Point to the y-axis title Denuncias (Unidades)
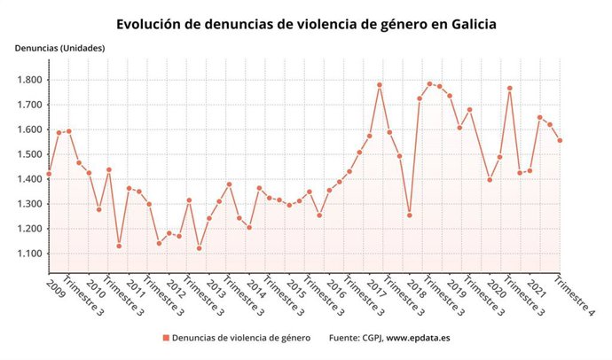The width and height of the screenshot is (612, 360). [x=59, y=48]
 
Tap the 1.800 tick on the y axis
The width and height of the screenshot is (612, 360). [x=29, y=80]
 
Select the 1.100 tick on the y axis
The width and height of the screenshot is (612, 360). [x=29, y=254]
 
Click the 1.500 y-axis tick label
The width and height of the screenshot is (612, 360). [x=29, y=154]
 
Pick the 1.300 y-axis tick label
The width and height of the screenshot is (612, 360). [x=29, y=204]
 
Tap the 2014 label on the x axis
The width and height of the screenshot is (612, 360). [x=258, y=287]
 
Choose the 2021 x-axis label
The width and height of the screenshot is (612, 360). [x=538, y=287]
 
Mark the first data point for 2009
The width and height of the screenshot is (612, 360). [x=49, y=174]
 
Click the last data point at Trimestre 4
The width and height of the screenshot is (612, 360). [x=561, y=140]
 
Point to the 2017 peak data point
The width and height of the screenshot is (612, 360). [x=380, y=85]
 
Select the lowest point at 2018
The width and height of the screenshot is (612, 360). [x=410, y=215]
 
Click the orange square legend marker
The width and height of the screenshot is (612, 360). [x=165, y=338]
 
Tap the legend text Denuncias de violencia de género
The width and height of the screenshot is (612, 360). [x=241, y=338]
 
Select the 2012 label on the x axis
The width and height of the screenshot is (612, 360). [x=177, y=287]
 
